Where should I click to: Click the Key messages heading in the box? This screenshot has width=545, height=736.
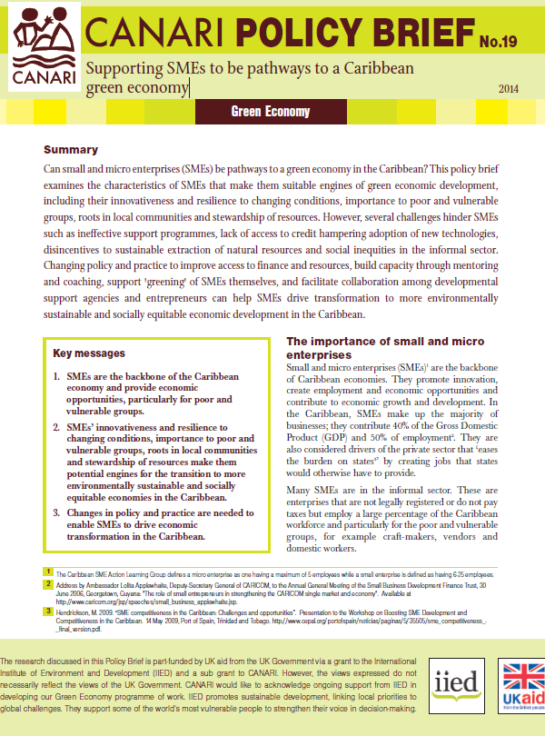pos(87,353)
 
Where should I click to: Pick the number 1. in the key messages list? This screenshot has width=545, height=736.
pos(57,376)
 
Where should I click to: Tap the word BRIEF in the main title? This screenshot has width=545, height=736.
pos(394,34)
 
